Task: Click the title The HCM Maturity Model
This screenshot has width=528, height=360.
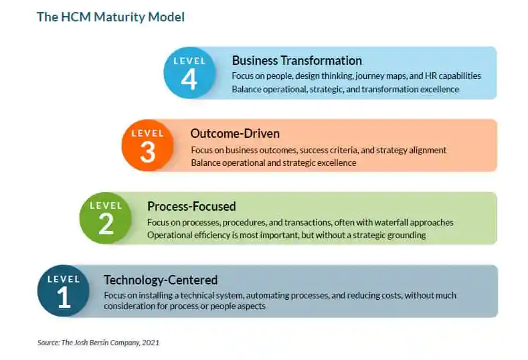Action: pyautogui.click(x=111, y=17)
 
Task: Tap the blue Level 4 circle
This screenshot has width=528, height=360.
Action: pyautogui.click(x=189, y=73)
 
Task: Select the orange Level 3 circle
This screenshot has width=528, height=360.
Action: pyautogui.click(x=147, y=145)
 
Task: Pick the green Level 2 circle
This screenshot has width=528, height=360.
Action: pyautogui.click(x=105, y=218)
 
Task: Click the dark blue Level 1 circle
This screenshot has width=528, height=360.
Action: pyautogui.click(x=64, y=290)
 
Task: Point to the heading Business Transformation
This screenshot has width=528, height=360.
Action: pyautogui.click(x=297, y=61)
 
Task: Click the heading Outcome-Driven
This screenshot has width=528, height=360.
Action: pyautogui.click(x=235, y=133)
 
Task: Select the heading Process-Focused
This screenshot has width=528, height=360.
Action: pyautogui.click(x=191, y=206)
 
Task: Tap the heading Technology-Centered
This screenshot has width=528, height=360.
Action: pyautogui.click(x=161, y=280)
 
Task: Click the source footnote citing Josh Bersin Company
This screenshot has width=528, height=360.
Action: pyautogui.click(x=98, y=343)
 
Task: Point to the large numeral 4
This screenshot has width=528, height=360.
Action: pyautogui.click(x=189, y=79)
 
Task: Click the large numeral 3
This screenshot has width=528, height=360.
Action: pyautogui.click(x=147, y=152)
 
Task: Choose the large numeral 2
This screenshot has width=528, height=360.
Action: pyautogui.click(x=106, y=224)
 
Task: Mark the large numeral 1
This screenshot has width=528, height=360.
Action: pyautogui.click(x=64, y=297)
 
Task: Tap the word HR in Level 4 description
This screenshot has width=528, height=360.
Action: pyautogui.click(x=431, y=76)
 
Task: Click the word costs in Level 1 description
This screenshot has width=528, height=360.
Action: pyautogui.click(x=391, y=295)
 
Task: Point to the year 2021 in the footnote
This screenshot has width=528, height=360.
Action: pyautogui.click(x=151, y=343)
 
